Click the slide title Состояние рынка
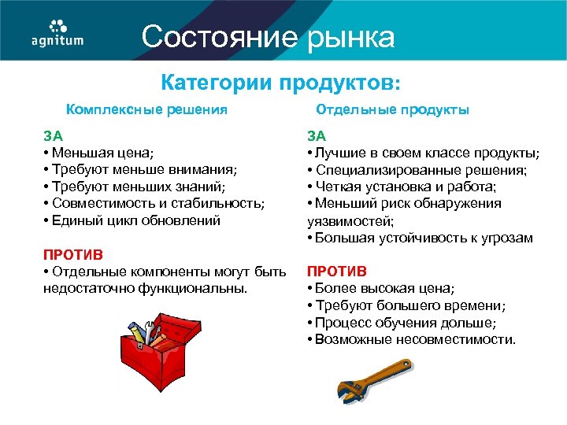coord(268,37)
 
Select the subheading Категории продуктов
coord(280,82)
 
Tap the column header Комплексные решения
coord(146,109)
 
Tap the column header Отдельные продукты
coord(392,109)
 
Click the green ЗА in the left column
coord(52,135)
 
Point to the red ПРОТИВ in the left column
coord(72,255)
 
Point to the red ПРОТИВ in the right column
coord(337,272)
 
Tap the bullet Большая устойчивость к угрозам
coord(423,238)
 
